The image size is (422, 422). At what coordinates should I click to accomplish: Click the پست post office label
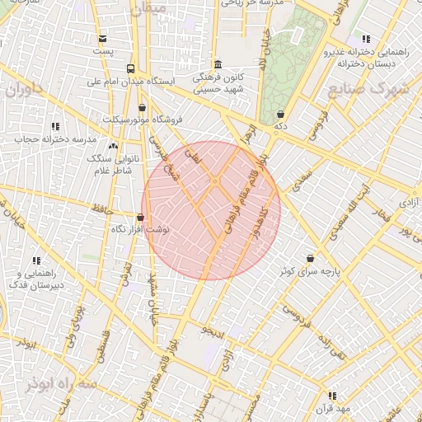click(102, 51)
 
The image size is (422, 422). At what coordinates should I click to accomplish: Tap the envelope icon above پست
click(102, 39)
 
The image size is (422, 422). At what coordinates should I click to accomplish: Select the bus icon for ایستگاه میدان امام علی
click(130, 68)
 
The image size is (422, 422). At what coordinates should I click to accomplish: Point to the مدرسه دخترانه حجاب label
click(55, 139)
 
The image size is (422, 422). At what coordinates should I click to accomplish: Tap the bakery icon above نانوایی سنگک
click(115, 147)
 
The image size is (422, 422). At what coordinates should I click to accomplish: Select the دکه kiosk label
click(281, 127)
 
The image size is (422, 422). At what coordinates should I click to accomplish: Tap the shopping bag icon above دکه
click(281, 114)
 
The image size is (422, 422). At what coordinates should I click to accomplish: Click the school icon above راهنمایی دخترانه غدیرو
click(366, 39)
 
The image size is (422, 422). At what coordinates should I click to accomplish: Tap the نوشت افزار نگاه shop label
click(140, 230)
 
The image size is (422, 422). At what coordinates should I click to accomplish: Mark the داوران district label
click(22, 89)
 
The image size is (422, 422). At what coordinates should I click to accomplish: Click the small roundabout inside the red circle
click(214, 181)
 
